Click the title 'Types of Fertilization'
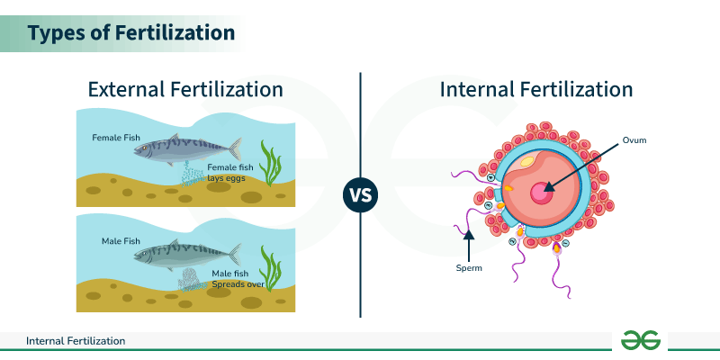coord(130,33)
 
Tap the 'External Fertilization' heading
coord(185,90)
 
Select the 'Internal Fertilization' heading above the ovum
coord(536,90)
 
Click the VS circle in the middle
coord(361,193)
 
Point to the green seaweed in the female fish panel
coord(269,163)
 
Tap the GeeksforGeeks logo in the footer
coord(640,340)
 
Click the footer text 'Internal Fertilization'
coord(76,341)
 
